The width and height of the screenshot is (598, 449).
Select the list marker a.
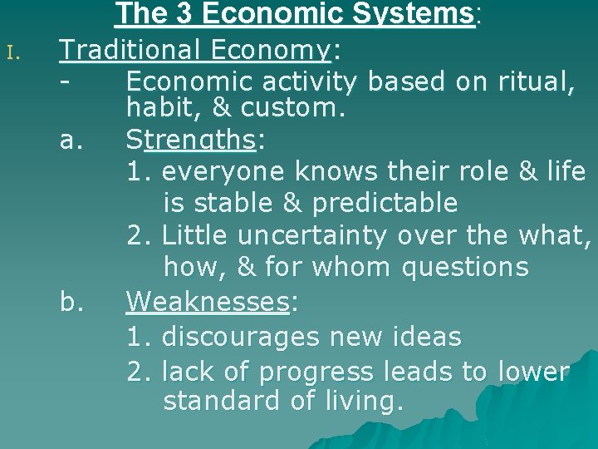(x=71, y=141)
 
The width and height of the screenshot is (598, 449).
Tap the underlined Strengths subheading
(x=190, y=141)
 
